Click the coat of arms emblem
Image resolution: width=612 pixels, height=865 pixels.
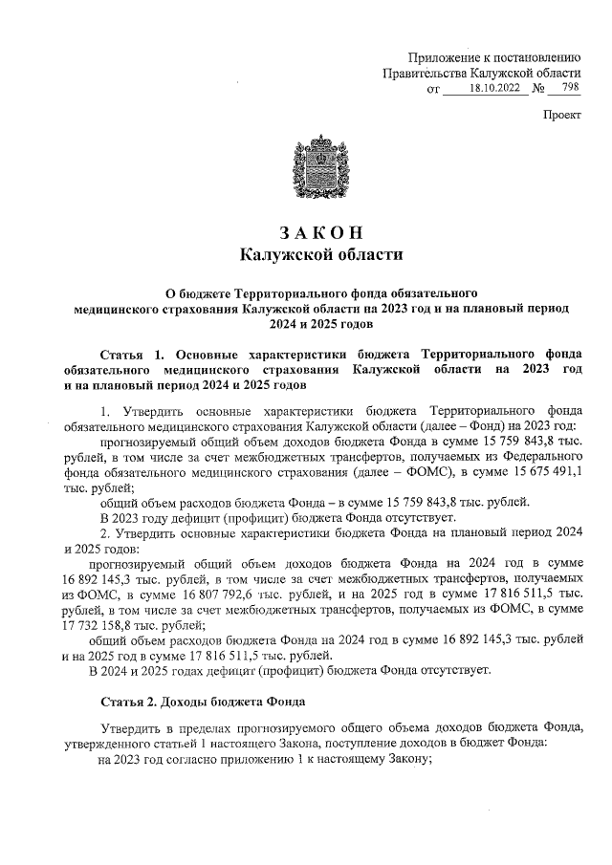(318, 174)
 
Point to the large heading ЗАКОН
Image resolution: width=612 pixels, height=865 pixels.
(319, 232)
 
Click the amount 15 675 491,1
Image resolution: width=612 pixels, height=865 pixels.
(539, 471)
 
